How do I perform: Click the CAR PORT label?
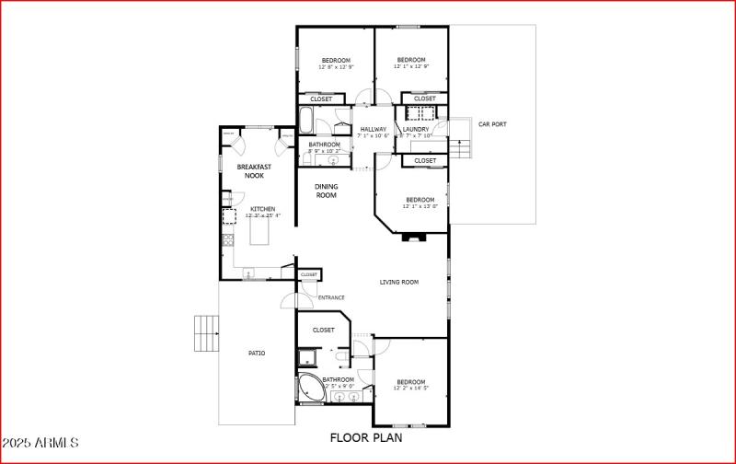click(x=492, y=124)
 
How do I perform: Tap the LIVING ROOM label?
click(x=399, y=283)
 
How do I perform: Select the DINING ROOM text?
click(x=327, y=191)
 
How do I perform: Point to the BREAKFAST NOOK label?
click(x=253, y=171)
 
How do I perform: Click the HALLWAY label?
click(x=373, y=130)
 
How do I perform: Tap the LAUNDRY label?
click(x=416, y=130)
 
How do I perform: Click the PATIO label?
click(x=257, y=353)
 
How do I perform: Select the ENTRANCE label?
click(x=331, y=297)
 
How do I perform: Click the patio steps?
click(x=206, y=334)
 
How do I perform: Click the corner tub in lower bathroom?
click(x=310, y=387)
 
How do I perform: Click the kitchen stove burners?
click(x=227, y=242)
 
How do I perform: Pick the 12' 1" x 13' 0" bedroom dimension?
click(x=420, y=207)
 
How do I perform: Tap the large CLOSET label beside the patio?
click(x=324, y=330)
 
